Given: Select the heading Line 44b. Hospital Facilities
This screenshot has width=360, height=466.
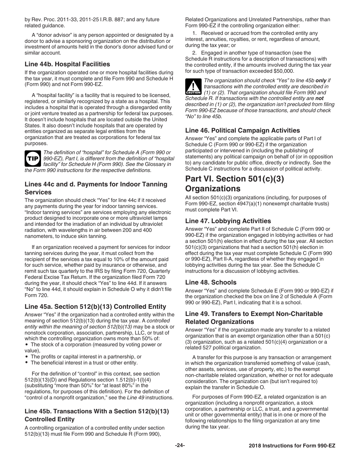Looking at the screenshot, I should tap(67, 64).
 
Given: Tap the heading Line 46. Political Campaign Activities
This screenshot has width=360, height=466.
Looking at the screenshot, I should tap(242, 130).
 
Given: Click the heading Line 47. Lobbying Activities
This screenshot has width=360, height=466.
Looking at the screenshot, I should tap(228, 221).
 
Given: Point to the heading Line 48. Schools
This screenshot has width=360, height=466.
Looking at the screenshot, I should tap(210, 282).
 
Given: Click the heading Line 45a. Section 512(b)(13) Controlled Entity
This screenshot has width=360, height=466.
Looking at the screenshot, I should tap(95, 306).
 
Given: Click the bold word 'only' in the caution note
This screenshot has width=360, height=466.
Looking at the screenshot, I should tap(321, 80).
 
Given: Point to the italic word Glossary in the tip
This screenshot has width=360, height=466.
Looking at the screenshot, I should tap(155, 164).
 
